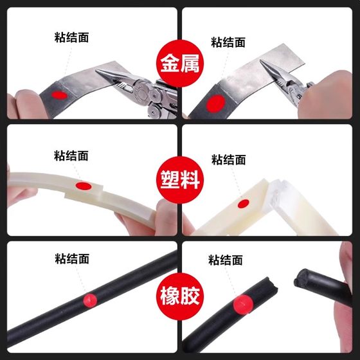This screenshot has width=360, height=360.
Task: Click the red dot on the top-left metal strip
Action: (x=59, y=94)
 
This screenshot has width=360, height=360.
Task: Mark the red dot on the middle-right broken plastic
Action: (x=243, y=204)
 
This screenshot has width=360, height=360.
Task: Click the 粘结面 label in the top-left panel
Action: (x=71, y=37)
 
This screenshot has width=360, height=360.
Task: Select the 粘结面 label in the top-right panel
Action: (x=228, y=42)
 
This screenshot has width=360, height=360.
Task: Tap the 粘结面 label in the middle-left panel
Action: (x=71, y=156)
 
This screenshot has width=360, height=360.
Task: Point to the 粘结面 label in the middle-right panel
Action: (x=228, y=160)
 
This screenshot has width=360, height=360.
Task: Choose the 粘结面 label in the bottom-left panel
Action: (x=71, y=259)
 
